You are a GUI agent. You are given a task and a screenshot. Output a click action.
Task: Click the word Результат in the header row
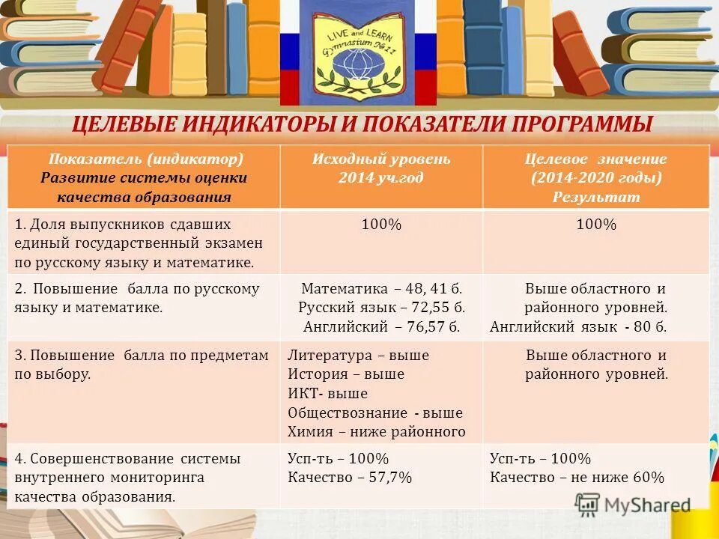[596, 198]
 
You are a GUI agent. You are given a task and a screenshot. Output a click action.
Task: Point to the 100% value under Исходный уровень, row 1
[381, 224]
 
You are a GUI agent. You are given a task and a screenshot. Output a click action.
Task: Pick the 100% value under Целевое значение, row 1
[596, 224]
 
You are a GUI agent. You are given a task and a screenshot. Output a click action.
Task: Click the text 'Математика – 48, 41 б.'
[381, 288]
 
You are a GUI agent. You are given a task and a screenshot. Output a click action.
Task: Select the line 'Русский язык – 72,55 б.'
[381, 308]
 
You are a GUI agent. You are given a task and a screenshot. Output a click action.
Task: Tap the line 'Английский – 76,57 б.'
[381, 327]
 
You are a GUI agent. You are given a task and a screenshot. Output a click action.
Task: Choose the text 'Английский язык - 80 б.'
[578, 327]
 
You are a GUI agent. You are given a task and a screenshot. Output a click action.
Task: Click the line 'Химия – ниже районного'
[377, 432]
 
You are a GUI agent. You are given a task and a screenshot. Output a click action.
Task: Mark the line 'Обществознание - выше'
[375, 412]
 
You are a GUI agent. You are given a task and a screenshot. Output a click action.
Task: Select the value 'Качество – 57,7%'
[350, 478]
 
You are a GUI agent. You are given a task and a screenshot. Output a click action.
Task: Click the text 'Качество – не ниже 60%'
[577, 478]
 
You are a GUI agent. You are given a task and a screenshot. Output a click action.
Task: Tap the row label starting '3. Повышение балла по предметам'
[142, 356]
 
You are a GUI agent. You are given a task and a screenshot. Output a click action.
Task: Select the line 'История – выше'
[346, 374]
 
